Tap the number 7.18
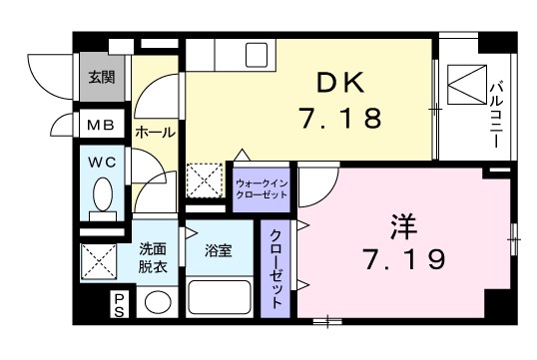[x=338, y=119]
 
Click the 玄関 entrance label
[x=102, y=76]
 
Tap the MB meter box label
[x=101, y=126]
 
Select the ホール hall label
[x=155, y=131]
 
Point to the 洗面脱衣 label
[x=153, y=258]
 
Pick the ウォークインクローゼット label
[x=261, y=189]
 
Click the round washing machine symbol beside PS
[x=158, y=302]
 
